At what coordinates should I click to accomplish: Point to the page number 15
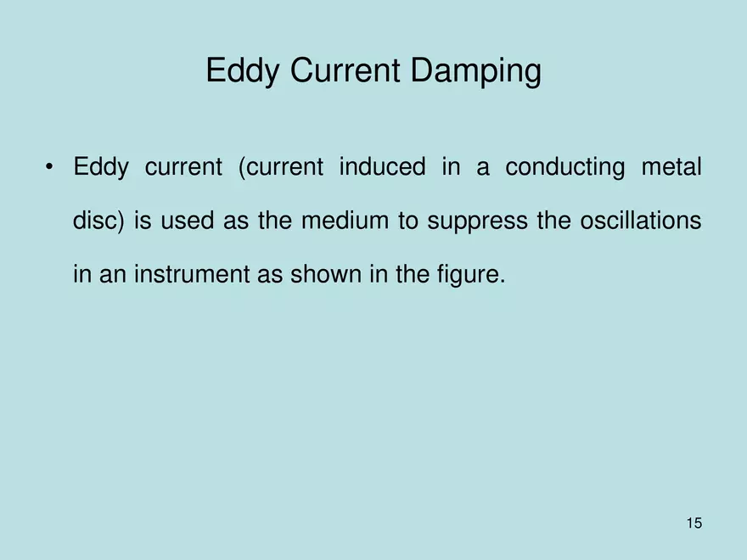point(694,523)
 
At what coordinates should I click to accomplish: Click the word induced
point(382,167)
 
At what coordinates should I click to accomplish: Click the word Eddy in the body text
point(100,168)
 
